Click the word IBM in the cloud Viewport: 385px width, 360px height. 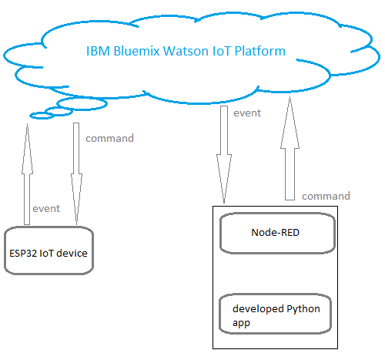point(97,52)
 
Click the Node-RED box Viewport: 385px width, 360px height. point(276,232)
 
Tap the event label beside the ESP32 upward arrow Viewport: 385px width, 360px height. point(45,208)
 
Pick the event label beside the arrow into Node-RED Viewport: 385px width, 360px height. point(246,113)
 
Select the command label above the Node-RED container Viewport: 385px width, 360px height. point(326,196)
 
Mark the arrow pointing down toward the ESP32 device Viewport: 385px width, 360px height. point(77,173)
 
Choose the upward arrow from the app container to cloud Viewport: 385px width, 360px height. point(290,150)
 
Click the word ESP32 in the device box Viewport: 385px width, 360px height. point(24,252)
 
